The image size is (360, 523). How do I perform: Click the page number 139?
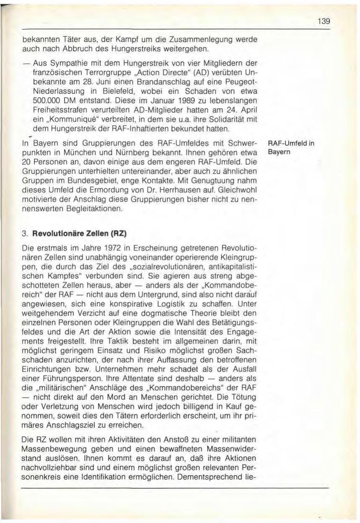tap(323, 21)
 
